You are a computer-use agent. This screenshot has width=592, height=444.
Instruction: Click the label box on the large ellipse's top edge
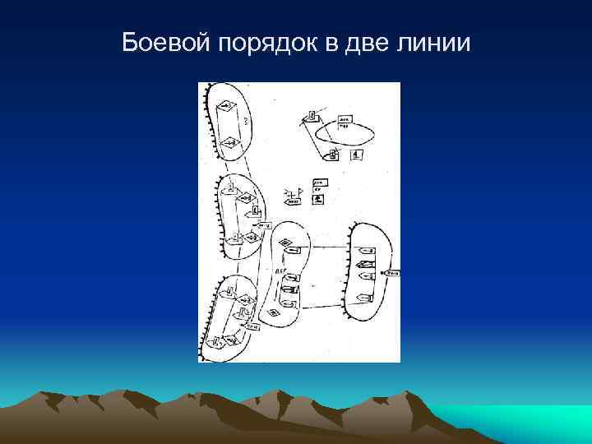click(345, 120)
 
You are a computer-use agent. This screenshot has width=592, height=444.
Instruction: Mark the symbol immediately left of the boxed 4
click(333, 154)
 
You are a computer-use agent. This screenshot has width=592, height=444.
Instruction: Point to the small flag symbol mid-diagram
click(298, 192)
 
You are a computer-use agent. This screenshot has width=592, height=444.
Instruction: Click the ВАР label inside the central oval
click(281, 269)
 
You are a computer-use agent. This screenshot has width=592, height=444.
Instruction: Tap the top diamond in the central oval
click(285, 243)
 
